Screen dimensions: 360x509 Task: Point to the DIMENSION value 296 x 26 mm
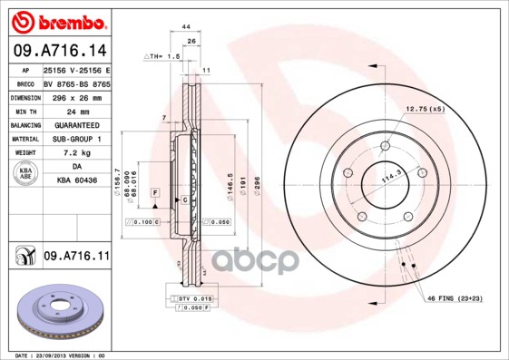pos(76,96)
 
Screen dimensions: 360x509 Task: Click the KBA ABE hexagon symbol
pos(24,174)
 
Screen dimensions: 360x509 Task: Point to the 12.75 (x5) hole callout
pos(425,109)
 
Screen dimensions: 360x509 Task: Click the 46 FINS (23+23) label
pos(453,297)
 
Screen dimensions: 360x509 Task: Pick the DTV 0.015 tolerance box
pos(191,298)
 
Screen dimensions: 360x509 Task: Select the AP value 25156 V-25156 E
pos(77,70)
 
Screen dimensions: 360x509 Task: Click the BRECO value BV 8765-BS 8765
pos(76,83)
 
